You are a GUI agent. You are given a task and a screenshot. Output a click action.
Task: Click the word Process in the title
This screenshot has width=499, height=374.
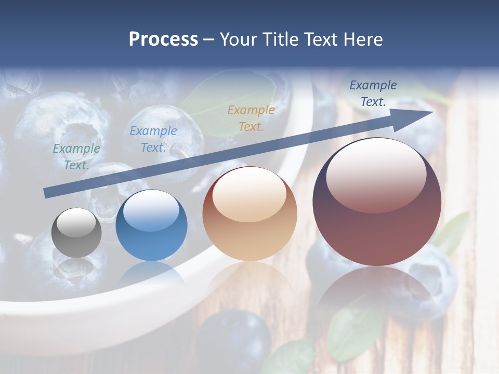point(163,39)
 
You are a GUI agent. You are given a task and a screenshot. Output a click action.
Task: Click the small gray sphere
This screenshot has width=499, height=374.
point(76,233)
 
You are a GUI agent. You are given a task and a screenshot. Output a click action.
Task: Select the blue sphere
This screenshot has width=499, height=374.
point(151,225)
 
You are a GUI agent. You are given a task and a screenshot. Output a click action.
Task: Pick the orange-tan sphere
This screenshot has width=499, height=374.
point(249,214)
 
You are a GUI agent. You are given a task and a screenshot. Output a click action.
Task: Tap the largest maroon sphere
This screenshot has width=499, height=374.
point(377,203)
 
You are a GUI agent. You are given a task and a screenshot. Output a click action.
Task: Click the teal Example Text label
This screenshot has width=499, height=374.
point(76,156)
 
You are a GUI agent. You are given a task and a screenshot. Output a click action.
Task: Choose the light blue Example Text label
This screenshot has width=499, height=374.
point(153,139)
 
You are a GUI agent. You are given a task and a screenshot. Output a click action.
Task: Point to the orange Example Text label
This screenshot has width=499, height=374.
point(251,118)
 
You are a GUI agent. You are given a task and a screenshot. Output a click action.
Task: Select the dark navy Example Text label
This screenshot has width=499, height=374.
point(373,94)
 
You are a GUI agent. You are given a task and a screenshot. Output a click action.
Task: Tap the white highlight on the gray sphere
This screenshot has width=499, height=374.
point(76,222)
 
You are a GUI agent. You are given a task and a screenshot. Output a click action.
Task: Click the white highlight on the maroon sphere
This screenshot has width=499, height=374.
point(376,174)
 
